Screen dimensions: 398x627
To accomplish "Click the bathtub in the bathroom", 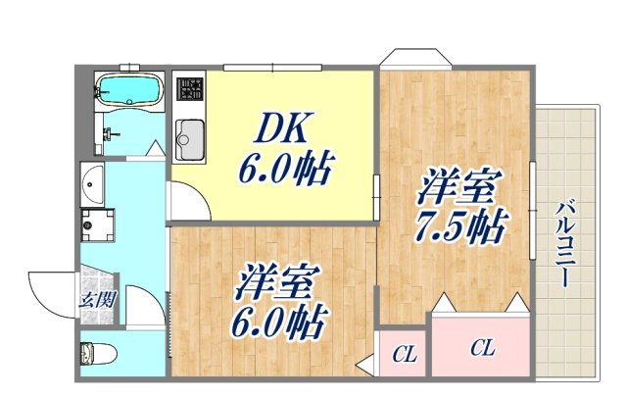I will pos(128,91).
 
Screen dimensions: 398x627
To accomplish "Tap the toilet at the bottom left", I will pos(98,352).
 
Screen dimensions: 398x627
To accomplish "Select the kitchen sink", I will pos(188,138).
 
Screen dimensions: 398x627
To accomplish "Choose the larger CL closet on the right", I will pos(479,347).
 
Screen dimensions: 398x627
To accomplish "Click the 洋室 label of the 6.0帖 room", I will pos(277,284).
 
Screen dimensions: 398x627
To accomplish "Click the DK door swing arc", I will pos(188,201).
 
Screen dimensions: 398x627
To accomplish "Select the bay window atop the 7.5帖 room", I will pos(415,58).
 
